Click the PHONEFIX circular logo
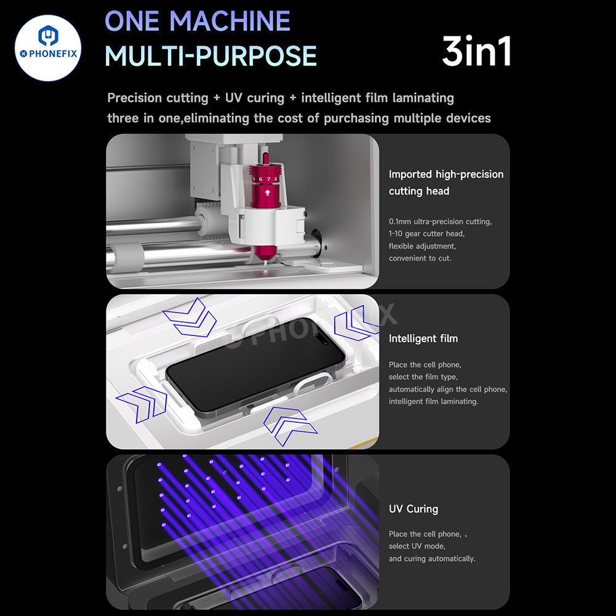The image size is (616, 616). click(x=48, y=48)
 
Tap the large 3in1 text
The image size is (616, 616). click(x=477, y=52)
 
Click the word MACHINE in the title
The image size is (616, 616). click(x=231, y=22)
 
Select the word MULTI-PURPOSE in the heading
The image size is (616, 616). click(x=210, y=56)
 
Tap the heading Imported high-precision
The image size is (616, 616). click(x=446, y=174)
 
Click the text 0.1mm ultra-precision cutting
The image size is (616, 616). click(x=440, y=222)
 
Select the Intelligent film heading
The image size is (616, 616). click(x=423, y=338)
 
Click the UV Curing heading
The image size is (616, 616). click(x=413, y=509)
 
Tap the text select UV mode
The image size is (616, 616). click(x=417, y=546)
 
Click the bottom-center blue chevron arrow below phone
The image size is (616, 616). click(x=284, y=425)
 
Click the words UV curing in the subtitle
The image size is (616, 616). click(x=255, y=98)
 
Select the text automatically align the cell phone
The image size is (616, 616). click(x=447, y=389)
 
